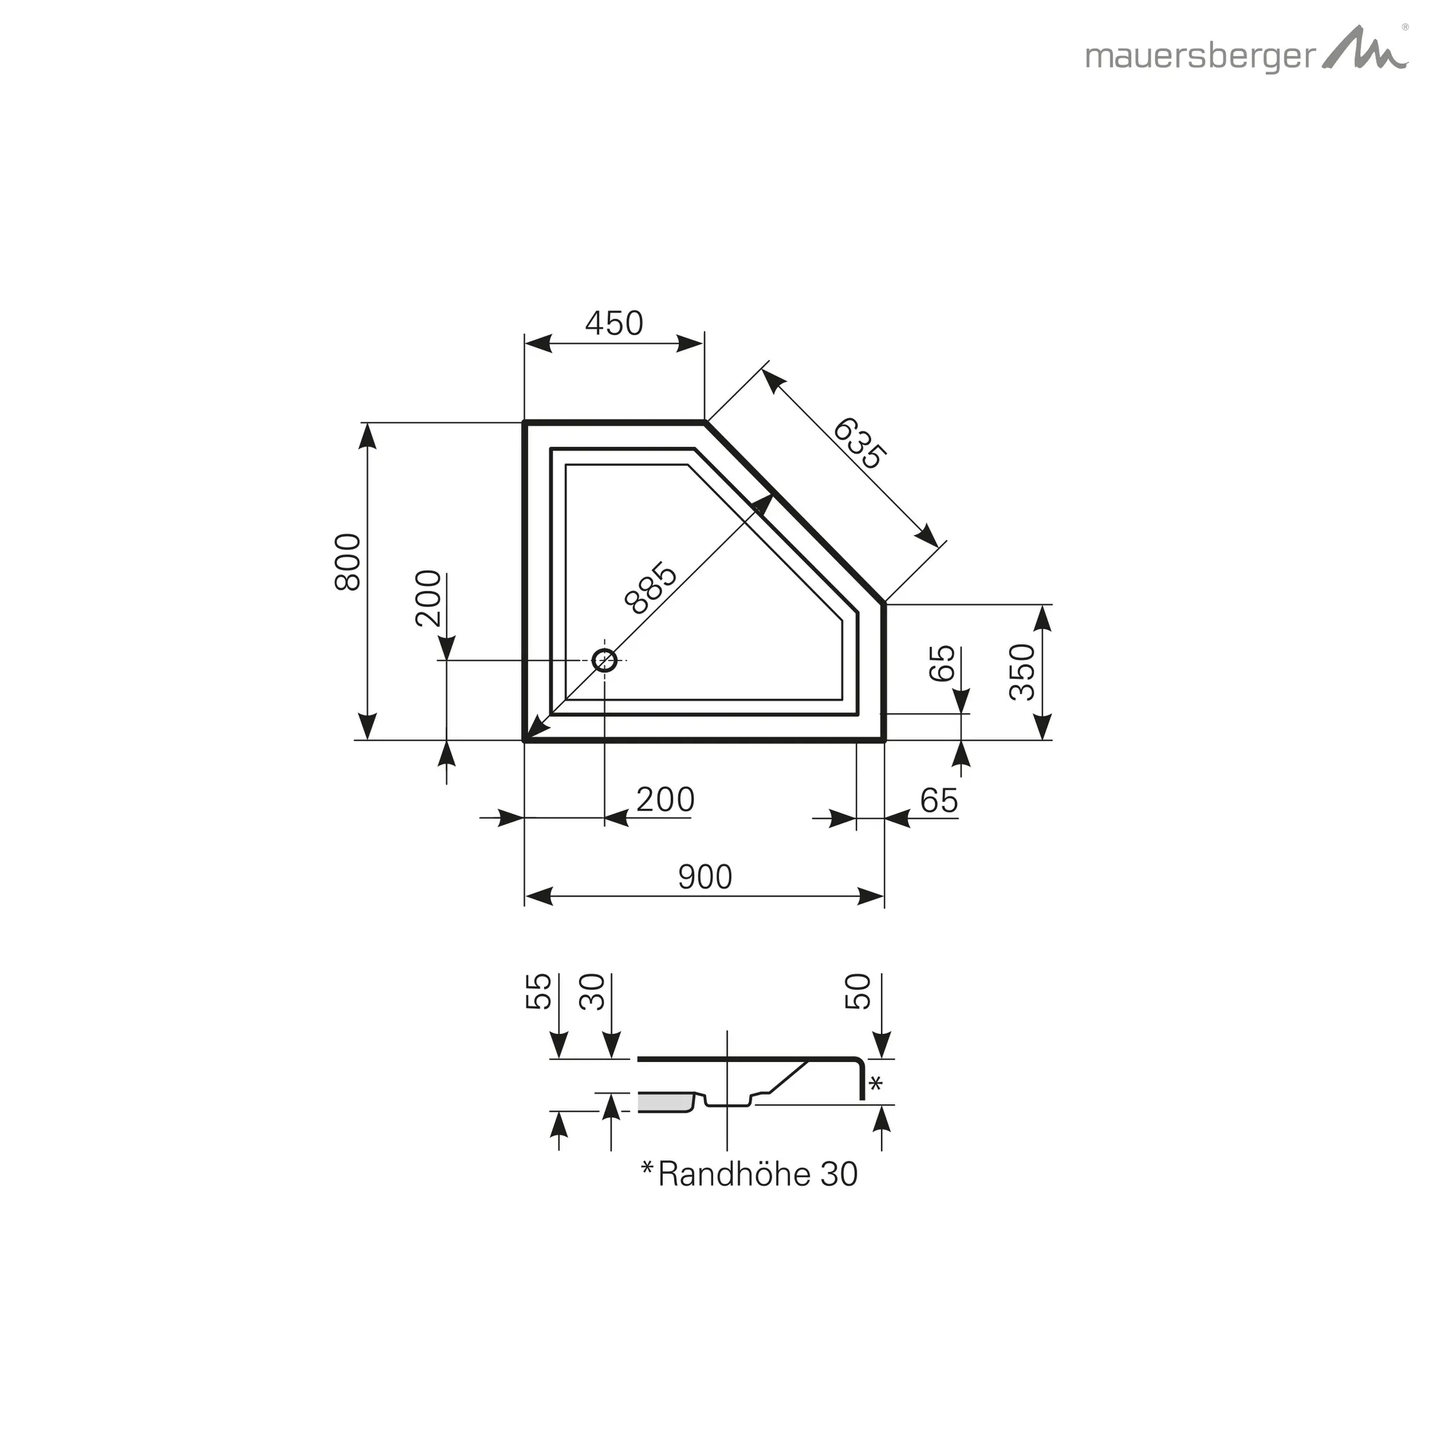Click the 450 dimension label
[x=614, y=323]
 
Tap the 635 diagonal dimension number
[x=859, y=444]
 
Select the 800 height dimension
[x=348, y=562]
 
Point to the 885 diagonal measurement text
[x=651, y=589]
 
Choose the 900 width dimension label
[x=705, y=878]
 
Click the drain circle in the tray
[x=605, y=659]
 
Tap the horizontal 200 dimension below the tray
[x=665, y=800]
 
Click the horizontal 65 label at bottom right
[x=938, y=801]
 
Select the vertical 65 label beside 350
[x=942, y=663]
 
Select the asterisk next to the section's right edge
[x=875, y=1084]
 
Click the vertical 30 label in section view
[x=593, y=991]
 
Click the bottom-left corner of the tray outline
[x=526, y=739]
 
